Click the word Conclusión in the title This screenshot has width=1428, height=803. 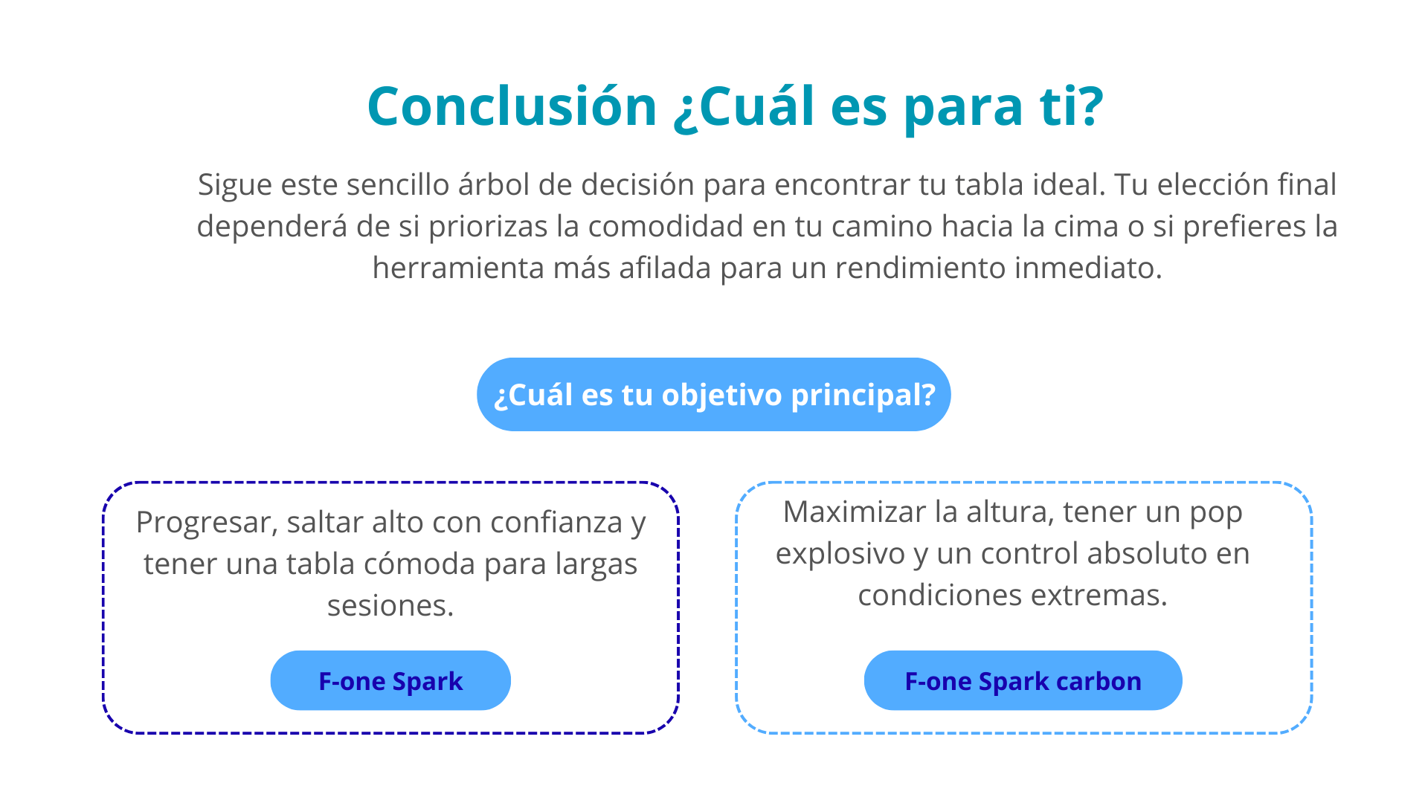512,106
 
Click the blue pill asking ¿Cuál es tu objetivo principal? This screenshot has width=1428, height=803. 714,394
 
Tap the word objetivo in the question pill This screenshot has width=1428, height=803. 721,396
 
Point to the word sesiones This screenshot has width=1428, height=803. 390,605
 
